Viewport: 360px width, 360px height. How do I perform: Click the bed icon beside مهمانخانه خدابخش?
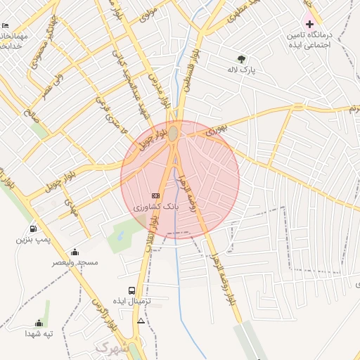click(x=6, y=26)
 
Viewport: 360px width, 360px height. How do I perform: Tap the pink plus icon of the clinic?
click(x=309, y=24)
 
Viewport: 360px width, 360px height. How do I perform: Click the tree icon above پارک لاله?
click(x=242, y=59)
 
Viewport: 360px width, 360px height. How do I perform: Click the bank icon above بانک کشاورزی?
click(x=156, y=195)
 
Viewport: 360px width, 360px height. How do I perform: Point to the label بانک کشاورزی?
click(x=157, y=207)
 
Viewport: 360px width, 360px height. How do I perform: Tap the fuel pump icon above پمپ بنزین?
click(x=33, y=229)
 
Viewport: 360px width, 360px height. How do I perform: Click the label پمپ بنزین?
click(x=33, y=240)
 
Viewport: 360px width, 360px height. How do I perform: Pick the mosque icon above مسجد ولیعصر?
click(x=75, y=252)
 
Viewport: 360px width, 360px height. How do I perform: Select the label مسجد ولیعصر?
click(x=75, y=263)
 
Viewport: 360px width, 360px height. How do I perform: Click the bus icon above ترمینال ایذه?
click(x=132, y=290)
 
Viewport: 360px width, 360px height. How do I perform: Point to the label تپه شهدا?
click(x=39, y=333)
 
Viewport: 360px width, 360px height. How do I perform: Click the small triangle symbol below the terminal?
click(x=141, y=321)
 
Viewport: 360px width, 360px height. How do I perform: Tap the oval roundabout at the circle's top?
click(x=173, y=132)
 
